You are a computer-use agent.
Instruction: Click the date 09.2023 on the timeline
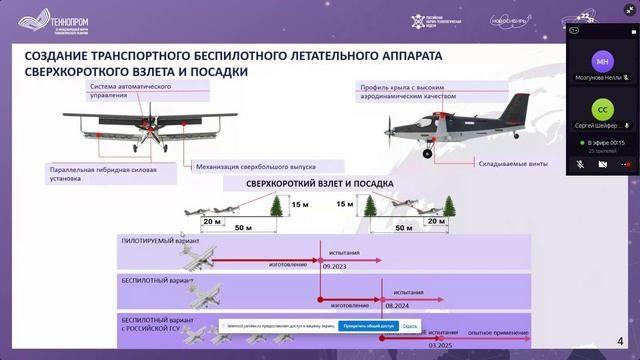coord(338,267)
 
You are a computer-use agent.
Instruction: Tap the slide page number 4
coord(621,340)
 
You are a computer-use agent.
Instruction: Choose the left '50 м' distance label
coord(242,230)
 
